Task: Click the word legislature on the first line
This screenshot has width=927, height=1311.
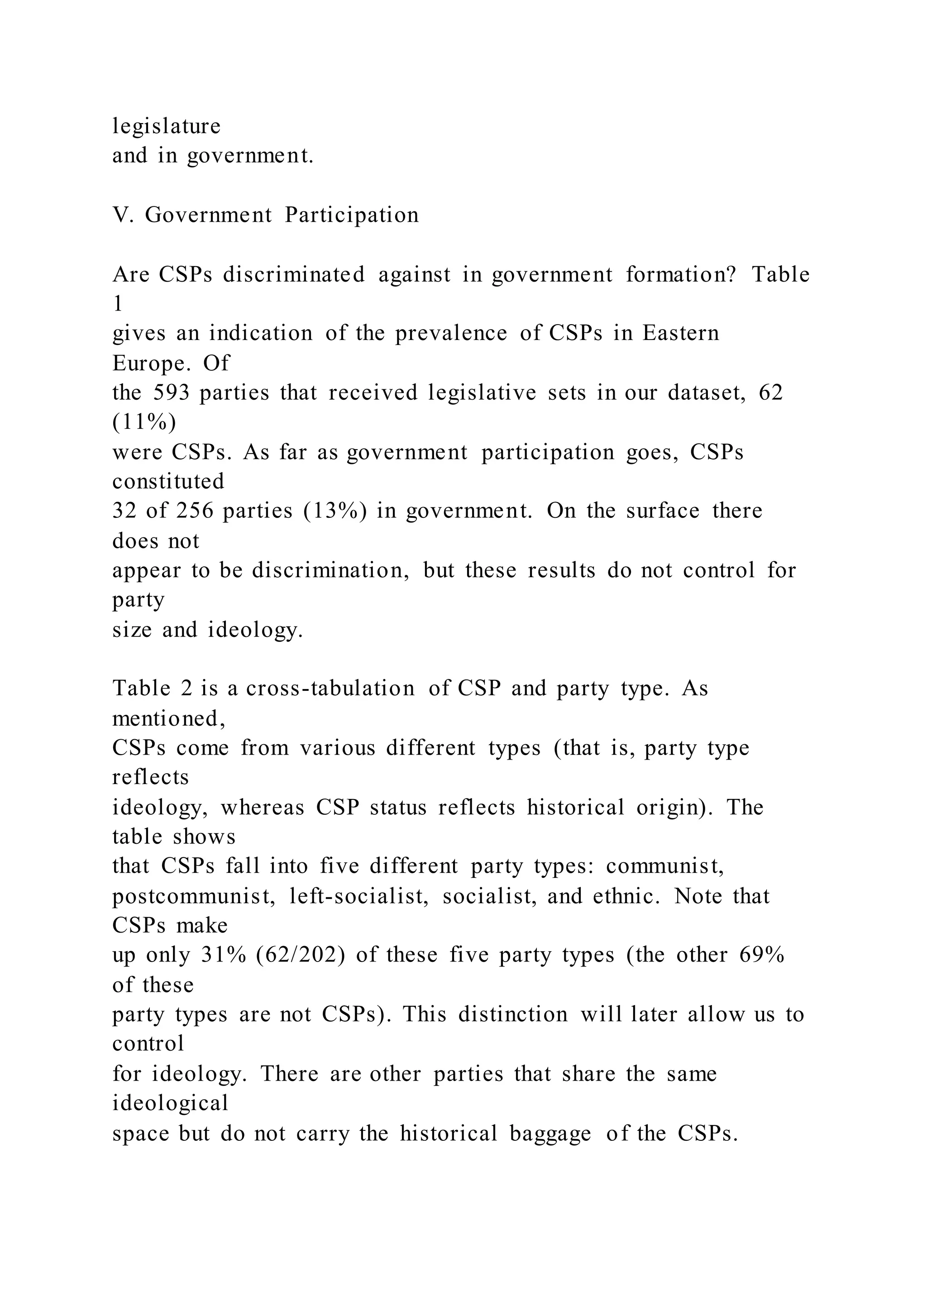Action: [166, 126]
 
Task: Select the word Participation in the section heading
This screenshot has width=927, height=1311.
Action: [352, 215]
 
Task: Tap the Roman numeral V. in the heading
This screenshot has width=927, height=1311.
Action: [122, 215]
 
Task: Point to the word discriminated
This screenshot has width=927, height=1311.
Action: [294, 275]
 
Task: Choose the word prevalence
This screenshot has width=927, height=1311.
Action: [451, 334]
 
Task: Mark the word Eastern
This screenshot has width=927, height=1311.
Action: [680, 334]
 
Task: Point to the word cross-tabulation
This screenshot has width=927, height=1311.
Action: [330, 689]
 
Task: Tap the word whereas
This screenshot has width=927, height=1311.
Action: [263, 808]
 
